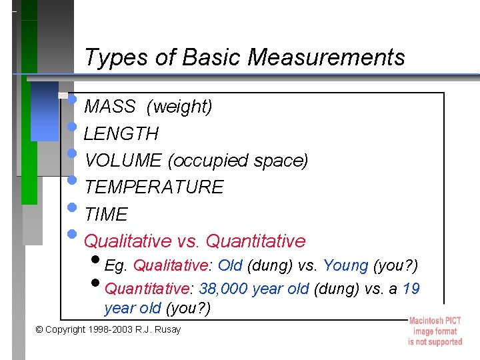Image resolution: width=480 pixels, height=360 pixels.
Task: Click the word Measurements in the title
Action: click(x=326, y=58)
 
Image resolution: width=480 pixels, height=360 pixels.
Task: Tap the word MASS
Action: click(x=111, y=107)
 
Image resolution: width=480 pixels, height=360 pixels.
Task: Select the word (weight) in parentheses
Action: click(x=179, y=107)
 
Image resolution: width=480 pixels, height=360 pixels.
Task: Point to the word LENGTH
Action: click(x=121, y=134)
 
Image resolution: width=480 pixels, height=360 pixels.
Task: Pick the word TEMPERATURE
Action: click(x=154, y=187)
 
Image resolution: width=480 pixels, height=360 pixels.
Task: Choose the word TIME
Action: click(x=106, y=215)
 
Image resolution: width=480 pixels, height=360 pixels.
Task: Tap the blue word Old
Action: click(x=230, y=266)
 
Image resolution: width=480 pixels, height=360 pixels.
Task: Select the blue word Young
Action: click(x=345, y=266)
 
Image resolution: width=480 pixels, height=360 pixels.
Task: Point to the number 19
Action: click(x=411, y=289)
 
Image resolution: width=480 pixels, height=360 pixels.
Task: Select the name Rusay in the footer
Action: click(x=167, y=330)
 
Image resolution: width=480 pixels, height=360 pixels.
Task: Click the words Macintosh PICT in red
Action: click(x=435, y=321)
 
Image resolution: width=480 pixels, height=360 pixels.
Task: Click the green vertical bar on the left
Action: click(x=29, y=147)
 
